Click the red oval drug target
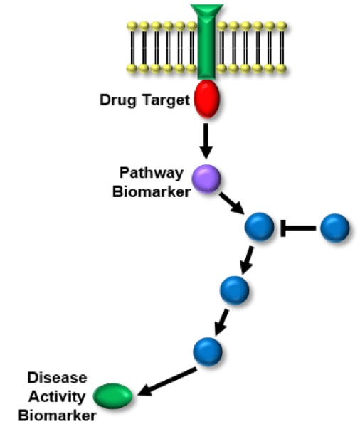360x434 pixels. [207, 98]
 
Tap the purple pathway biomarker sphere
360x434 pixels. [206, 179]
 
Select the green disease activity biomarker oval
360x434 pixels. [112, 396]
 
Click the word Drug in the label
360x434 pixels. [118, 100]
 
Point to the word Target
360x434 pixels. [166, 100]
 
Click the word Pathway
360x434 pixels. [152, 174]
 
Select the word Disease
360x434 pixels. [58, 378]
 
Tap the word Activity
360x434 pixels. [57, 397]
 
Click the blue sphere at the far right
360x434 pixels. [335, 228]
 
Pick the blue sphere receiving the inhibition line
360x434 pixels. [259, 227]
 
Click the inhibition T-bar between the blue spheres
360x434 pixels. [298, 228]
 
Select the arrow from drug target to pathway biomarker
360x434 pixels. [206, 141]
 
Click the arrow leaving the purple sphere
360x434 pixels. [232, 203]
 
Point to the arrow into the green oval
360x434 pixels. [167, 381]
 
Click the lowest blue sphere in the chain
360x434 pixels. [208, 351]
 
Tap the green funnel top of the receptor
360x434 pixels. [207, 10]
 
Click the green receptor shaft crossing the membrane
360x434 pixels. [206, 48]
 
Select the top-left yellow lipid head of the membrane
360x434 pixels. [132, 26]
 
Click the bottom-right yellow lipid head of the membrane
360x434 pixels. [281, 68]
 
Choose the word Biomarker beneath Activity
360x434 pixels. [58, 416]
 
